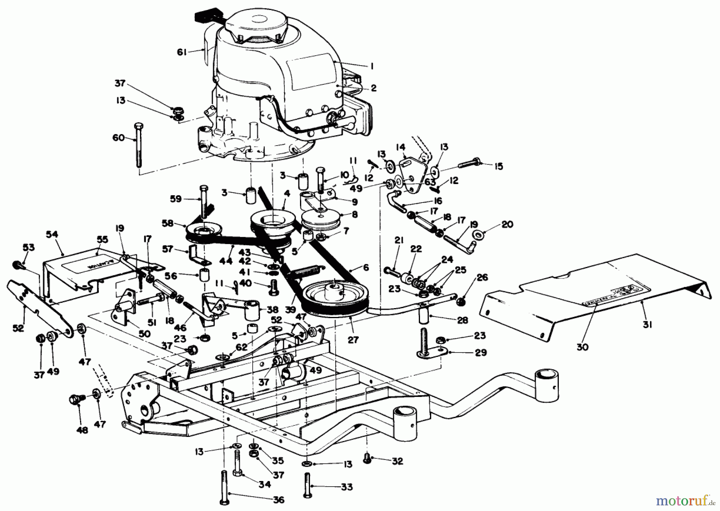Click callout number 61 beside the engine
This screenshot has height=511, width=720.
pos(182,52)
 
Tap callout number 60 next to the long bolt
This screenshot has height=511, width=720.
pos(118,138)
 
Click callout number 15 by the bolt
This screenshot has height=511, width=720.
pos(498,166)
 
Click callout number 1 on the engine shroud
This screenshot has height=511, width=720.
pos(372,66)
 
